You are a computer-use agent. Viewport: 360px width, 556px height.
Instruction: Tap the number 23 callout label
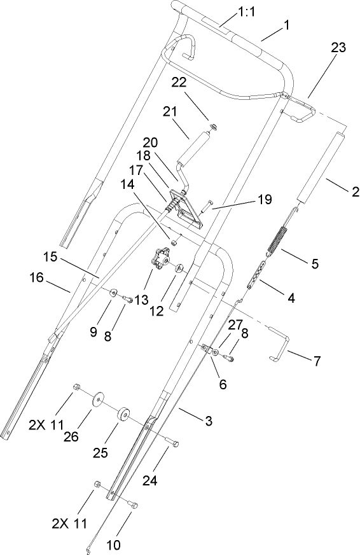click(340, 48)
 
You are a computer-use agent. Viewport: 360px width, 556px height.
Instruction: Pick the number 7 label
click(316, 361)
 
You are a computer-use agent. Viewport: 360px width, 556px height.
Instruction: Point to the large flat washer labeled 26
click(97, 400)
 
